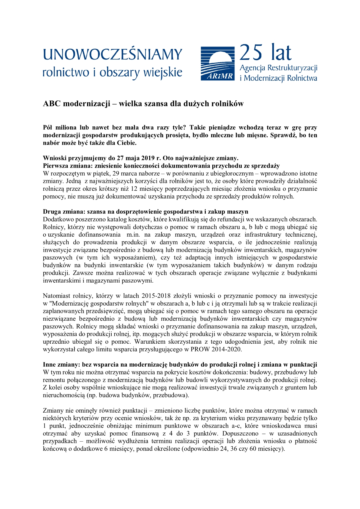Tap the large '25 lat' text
point(265,53)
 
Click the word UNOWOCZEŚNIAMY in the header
point(113,54)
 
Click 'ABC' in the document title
point(52,104)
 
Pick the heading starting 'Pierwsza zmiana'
point(161,166)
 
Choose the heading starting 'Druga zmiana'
point(145,212)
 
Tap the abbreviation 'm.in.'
point(134,235)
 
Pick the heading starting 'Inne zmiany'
point(180,365)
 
